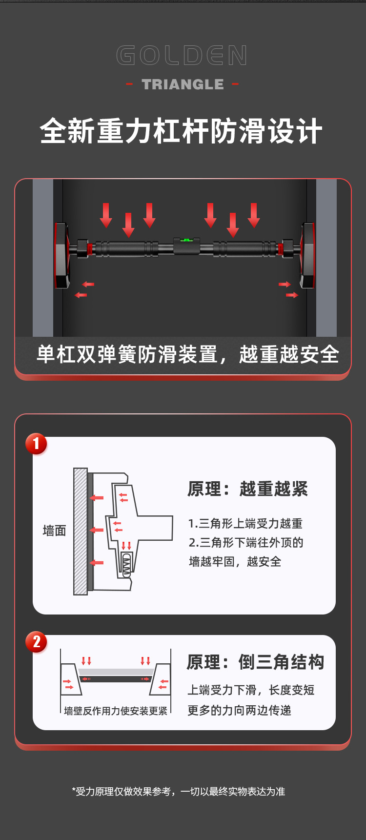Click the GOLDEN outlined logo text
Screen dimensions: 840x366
click(x=182, y=56)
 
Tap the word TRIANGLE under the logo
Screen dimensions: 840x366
click(x=183, y=84)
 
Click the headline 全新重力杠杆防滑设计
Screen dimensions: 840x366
click(x=181, y=132)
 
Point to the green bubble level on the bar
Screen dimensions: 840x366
click(x=186, y=240)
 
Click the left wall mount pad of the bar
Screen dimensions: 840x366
click(x=62, y=255)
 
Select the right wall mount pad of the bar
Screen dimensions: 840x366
click(x=308, y=255)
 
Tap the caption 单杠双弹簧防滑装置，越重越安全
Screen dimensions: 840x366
click(x=187, y=354)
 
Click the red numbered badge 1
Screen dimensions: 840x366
click(x=36, y=444)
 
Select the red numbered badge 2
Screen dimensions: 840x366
click(x=36, y=642)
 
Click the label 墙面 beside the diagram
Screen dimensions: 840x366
click(x=54, y=531)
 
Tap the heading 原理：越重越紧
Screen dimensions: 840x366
click(x=247, y=489)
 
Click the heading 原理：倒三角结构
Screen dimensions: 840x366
click(x=255, y=662)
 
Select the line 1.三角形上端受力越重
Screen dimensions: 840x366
click(x=245, y=524)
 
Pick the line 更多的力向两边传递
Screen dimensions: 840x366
click(x=239, y=710)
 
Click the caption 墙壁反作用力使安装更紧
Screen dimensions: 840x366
click(x=116, y=711)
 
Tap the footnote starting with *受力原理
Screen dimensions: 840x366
click(x=179, y=791)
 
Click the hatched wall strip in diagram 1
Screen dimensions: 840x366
click(x=80, y=531)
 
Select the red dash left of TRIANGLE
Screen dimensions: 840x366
click(x=129, y=84)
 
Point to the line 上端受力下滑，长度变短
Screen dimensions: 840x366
click(x=251, y=690)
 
